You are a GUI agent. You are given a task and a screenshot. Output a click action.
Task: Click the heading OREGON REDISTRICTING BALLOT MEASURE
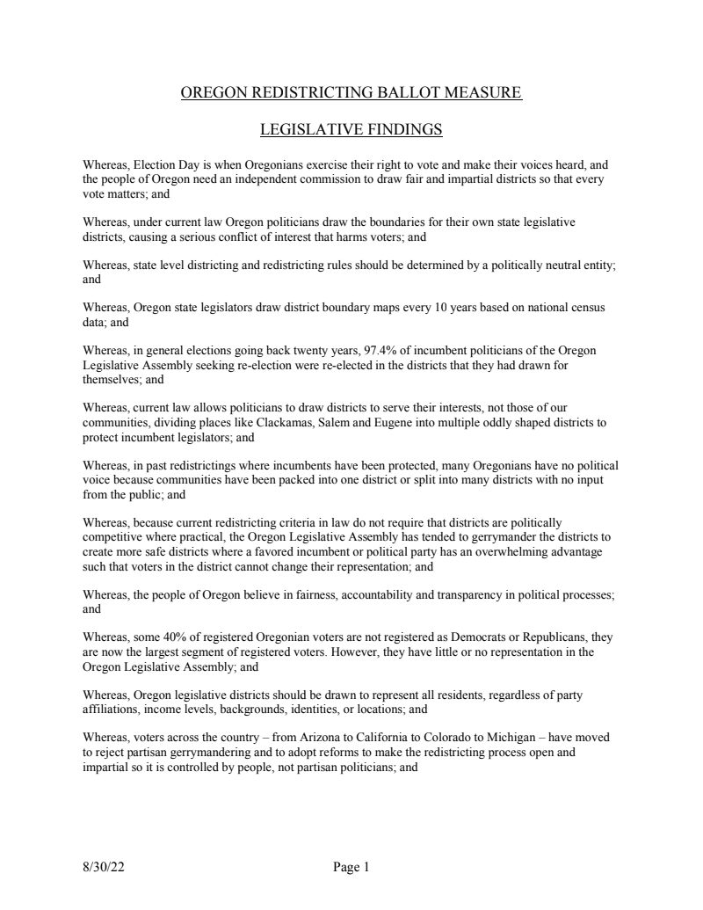(351, 92)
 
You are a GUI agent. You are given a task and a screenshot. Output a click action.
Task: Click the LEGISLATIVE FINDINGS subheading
(351, 131)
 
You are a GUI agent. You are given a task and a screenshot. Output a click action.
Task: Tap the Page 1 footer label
(351, 868)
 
